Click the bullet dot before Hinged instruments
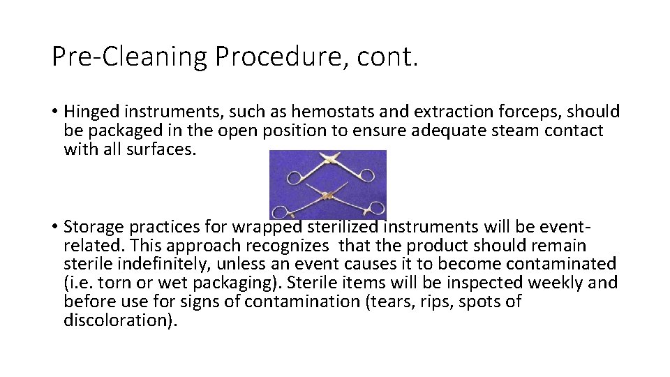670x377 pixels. (x=54, y=112)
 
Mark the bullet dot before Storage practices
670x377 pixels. (x=54, y=227)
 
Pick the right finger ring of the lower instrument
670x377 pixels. (x=375, y=207)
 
